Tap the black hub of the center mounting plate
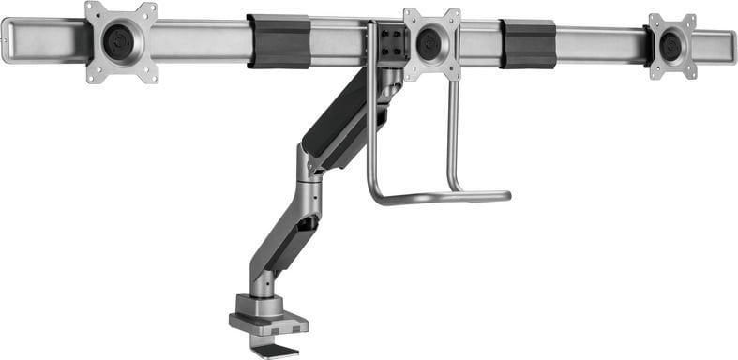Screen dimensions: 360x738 tap(430, 44)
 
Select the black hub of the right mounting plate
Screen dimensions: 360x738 tap(671, 45)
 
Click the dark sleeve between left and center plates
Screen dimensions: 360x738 tap(279, 41)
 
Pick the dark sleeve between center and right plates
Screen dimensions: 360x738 tap(527, 43)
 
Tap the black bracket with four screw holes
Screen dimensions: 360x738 tap(393, 42)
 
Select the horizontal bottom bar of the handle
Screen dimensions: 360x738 tap(441, 198)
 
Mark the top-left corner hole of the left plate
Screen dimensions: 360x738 tap(92, 11)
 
